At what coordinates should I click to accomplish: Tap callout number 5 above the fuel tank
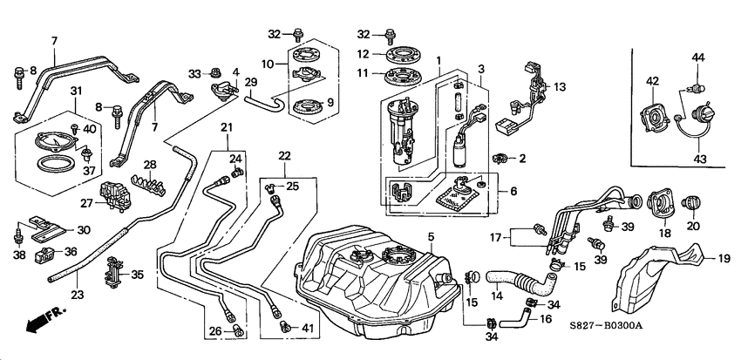point(430,236)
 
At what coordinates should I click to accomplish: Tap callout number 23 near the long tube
point(77,295)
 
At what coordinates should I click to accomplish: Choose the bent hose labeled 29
point(265,102)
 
